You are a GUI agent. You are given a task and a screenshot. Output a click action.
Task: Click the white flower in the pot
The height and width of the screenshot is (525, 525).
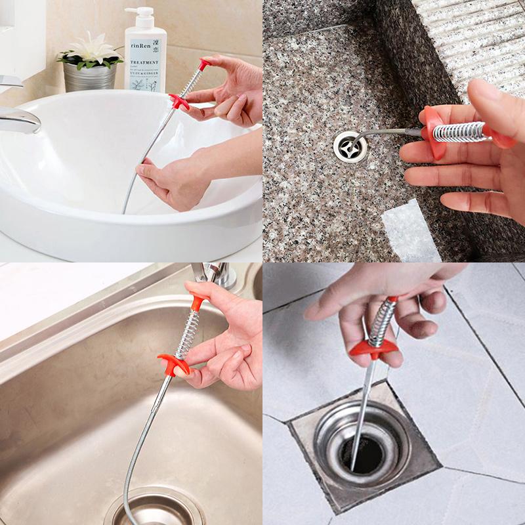pos(93,49)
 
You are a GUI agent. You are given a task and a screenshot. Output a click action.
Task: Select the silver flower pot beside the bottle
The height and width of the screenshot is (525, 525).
pos(90,77)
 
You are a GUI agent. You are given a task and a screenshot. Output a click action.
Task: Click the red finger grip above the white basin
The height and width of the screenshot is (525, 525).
pos(178,102)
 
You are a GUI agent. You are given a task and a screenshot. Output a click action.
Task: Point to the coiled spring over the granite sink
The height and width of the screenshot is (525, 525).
pos(459,132)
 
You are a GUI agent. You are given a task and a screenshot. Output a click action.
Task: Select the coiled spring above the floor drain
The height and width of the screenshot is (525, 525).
pos(383,322)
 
